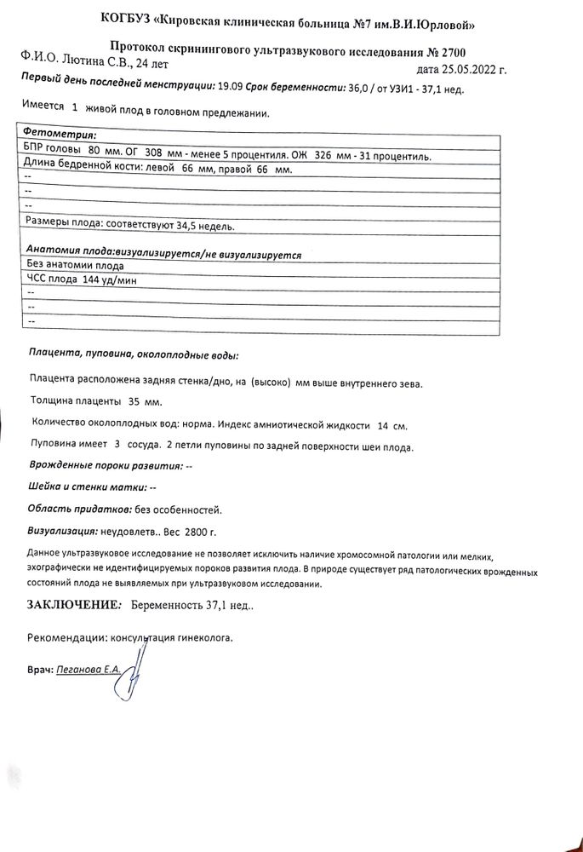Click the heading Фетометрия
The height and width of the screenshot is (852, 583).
coord(60,135)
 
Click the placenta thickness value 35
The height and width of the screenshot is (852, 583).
coord(134,401)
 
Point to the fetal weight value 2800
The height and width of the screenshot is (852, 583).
coord(197,532)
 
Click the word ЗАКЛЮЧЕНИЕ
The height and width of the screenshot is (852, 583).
coord(71,605)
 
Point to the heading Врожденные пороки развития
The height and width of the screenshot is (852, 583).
coord(106,467)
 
